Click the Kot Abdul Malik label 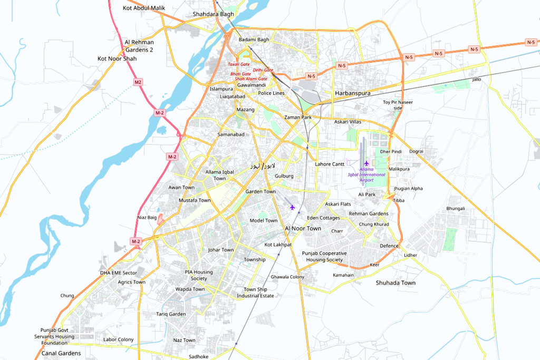coord(143,8)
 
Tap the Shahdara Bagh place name coord(213,14)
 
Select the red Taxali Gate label coord(238,64)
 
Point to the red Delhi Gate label coord(263,70)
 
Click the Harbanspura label coord(352,93)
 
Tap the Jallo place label coord(477,79)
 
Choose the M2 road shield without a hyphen coord(138,82)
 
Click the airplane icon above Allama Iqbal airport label coord(367,163)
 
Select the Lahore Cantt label coord(330,164)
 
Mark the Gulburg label coord(284,176)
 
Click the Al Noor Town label coord(303,228)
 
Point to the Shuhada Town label coord(396,283)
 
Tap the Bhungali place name coord(456,209)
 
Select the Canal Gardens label coord(61,353)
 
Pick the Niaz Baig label coord(147,217)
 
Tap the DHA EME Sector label coord(118,273)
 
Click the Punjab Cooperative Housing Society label coord(324,256)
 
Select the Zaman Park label coord(298,117)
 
